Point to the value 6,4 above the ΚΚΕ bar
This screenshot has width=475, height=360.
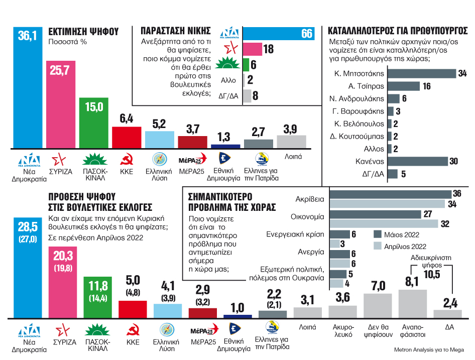pos(126,118)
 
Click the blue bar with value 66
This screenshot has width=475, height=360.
pos(279,34)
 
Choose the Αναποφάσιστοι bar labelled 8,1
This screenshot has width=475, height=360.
pos(412,304)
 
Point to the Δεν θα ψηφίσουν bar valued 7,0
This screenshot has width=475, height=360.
pos(378,306)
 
